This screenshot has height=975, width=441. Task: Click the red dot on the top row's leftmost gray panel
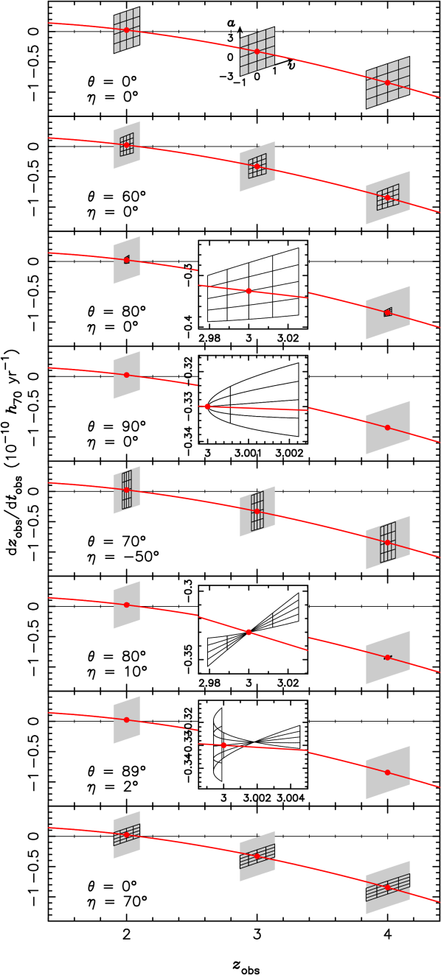coord(126,30)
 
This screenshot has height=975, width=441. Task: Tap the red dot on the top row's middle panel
coord(257,52)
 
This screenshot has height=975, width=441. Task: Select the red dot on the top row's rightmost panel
coord(387,82)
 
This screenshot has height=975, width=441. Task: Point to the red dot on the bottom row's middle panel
coord(257,856)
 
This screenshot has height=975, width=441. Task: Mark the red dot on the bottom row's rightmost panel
coord(387,887)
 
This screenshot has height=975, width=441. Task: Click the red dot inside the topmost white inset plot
coord(249,291)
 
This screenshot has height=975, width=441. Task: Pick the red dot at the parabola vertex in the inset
coord(207,406)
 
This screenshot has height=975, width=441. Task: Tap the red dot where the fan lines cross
coord(249,632)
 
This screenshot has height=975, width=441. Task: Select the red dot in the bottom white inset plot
coord(223,745)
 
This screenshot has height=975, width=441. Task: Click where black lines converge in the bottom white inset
coord(254,741)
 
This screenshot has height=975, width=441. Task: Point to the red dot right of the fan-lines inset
coord(387,658)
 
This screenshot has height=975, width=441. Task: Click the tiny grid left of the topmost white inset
coord(127,259)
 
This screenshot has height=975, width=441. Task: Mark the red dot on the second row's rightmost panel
coord(387,197)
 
